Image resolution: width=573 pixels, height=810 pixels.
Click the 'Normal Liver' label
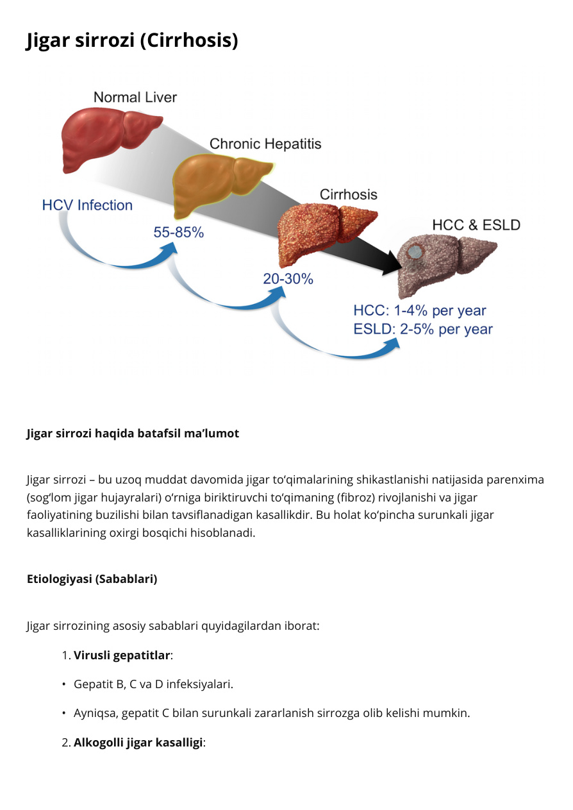pyautogui.click(x=135, y=97)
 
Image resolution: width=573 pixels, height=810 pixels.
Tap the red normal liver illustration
pyautogui.click(x=108, y=139)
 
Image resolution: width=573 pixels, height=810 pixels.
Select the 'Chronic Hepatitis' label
pyautogui.click(x=265, y=144)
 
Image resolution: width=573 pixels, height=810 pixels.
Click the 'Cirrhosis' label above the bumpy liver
pyautogui.click(x=348, y=194)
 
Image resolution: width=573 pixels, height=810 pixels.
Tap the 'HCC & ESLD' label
pyautogui.click(x=476, y=225)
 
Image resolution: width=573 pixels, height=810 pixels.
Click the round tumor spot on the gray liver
pyautogui.click(x=415, y=251)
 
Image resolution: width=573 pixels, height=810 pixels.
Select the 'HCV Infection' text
pyautogui.click(x=87, y=205)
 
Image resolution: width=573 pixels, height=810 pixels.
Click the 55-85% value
pyautogui.click(x=178, y=232)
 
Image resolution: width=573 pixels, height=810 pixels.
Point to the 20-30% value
pyautogui.click(x=288, y=279)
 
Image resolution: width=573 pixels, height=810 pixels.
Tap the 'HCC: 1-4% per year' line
pyautogui.click(x=419, y=310)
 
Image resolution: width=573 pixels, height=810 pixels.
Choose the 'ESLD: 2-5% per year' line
pyautogui.click(x=423, y=329)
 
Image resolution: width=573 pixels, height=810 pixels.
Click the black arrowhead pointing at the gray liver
pyautogui.click(x=393, y=263)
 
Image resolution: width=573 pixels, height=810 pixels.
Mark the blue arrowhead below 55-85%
pyautogui.click(x=169, y=250)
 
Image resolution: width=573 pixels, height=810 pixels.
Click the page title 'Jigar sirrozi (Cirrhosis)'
pyautogui.click(x=132, y=40)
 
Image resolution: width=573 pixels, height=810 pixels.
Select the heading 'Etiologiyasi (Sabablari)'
pyautogui.click(x=92, y=579)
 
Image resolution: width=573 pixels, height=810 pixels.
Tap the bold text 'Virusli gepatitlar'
pyautogui.click(x=122, y=655)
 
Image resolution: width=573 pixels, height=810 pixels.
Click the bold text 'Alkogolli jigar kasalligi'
pyautogui.click(x=138, y=743)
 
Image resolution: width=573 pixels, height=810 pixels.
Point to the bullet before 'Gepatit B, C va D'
pyautogui.click(x=64, y=684)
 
